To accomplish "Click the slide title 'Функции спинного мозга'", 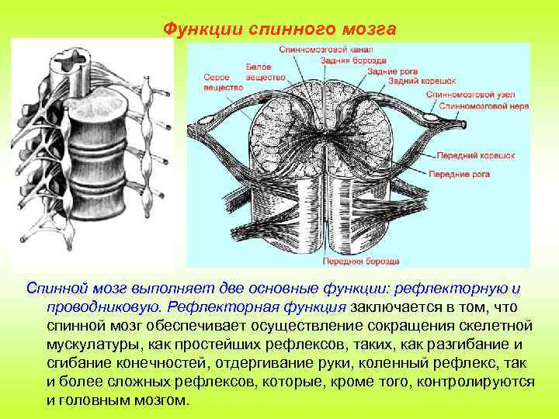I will [279, 29].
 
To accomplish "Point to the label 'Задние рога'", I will [389, 71].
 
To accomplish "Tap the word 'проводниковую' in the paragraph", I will [98, 306].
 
